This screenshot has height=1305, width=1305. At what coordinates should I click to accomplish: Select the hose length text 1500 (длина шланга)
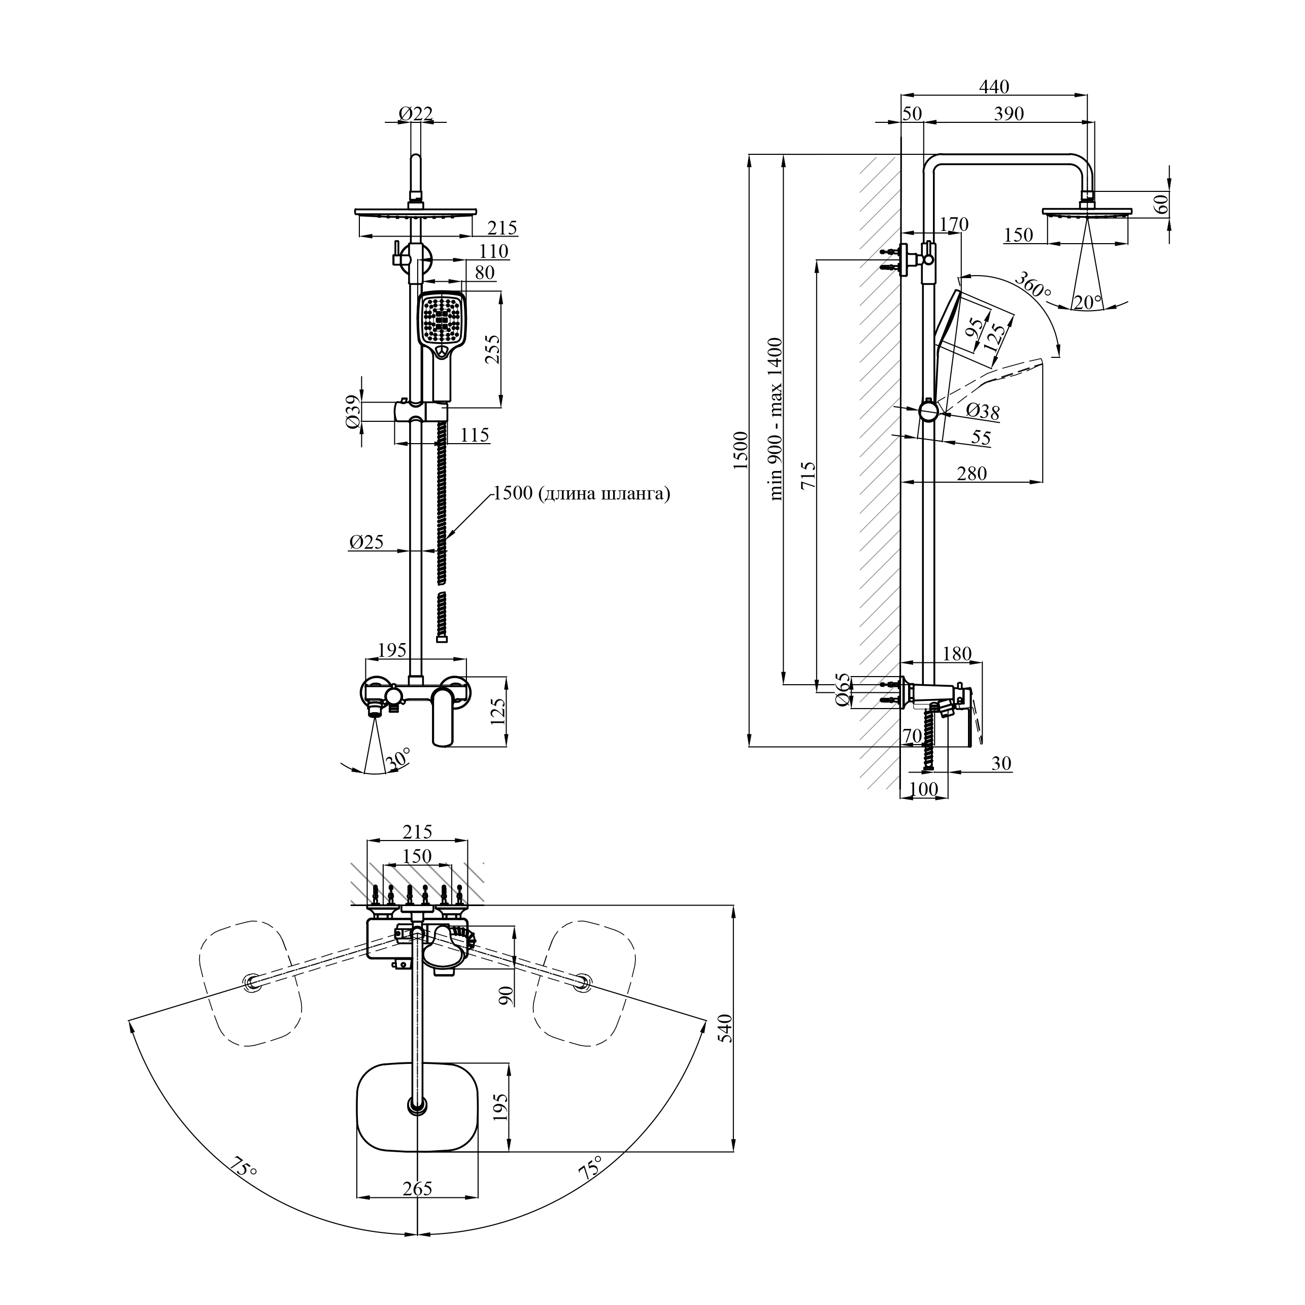tap(582, 494)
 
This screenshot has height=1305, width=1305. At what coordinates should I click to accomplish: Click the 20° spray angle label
tap(1087, 302)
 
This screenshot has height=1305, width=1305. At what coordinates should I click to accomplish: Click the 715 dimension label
tap(808, 475)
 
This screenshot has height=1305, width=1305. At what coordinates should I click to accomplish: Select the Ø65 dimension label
tap(842, 690)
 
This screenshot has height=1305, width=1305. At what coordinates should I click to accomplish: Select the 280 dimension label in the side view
tap(972, 474)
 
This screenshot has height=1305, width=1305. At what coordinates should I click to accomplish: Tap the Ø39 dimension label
tap(351, 412)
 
